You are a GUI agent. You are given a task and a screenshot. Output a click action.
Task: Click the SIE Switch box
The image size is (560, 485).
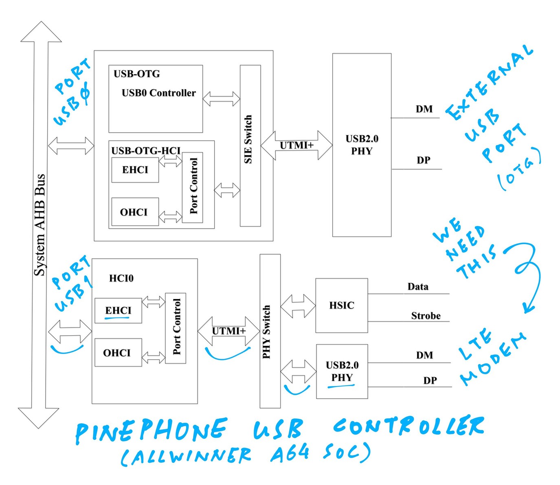(250, 145)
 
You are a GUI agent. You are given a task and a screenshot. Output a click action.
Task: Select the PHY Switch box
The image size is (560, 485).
(270, 331)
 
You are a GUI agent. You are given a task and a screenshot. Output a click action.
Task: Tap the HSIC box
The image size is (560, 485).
(342, 305)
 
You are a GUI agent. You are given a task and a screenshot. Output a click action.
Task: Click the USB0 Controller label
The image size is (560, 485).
(158, 93)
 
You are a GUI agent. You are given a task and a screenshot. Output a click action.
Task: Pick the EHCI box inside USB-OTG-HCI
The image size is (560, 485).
(135, 170)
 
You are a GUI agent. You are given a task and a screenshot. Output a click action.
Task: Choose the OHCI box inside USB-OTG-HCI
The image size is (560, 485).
(135, 212)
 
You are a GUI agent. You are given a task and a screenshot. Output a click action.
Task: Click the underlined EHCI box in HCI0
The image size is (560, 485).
(118, 310)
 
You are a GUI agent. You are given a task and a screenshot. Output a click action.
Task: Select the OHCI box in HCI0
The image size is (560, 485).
(118, 352)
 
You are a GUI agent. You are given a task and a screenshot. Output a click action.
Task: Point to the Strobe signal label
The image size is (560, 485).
(426, 316)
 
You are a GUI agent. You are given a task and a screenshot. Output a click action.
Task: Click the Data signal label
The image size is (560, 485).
(418, 286)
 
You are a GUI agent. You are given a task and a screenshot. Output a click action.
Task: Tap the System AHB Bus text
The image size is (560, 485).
(40, 225)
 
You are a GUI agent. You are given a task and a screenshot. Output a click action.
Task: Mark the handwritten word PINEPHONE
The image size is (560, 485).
(151, 430)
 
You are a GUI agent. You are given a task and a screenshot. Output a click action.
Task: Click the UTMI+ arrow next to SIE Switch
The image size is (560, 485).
(296, 145)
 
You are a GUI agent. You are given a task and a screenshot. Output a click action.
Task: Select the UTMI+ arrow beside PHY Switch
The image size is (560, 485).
(228, 331)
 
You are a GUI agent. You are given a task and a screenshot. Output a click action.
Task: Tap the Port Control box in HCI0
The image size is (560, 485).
(176, 328)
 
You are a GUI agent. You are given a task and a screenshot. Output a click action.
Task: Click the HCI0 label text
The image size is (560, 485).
(121, 278)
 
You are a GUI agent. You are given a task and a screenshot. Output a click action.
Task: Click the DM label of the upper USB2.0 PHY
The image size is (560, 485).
(424, 109)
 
